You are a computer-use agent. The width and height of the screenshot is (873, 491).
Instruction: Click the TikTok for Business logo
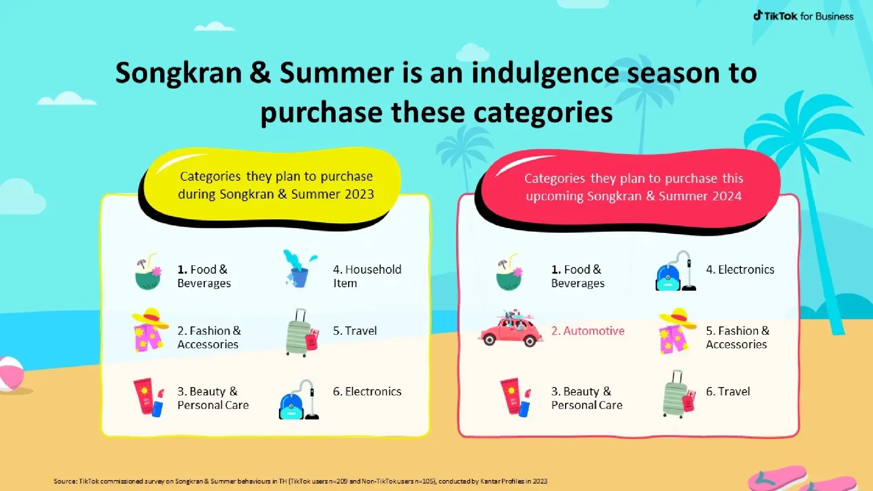click(803, 16)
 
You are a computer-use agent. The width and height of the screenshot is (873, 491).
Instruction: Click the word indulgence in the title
click(546, 73)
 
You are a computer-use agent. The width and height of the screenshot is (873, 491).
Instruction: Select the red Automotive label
click(588, 331)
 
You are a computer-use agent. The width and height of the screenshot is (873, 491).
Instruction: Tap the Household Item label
click(367, 276)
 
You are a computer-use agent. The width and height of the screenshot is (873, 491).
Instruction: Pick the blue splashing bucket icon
click(299, 269)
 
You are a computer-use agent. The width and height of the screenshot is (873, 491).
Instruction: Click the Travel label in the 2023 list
click(355, 331)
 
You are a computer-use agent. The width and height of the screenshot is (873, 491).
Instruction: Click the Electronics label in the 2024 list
click(740, 270)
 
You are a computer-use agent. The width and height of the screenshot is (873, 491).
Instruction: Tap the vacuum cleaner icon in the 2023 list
click(299, 401)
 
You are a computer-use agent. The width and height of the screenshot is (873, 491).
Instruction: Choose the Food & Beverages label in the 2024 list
click(577, 276)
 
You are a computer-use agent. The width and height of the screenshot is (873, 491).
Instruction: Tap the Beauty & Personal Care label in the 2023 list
click(213, 398)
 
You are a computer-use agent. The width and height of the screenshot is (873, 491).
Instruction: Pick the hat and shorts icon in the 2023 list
click(149, 331)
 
